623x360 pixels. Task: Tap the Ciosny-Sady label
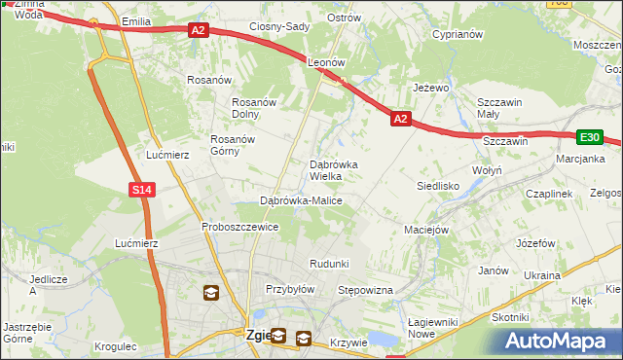pyautogui.click(x=278, y=26)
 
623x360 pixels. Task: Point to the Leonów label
pyautogui.click(x=327, y=61)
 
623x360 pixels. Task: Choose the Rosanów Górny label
pyautogui.click(x=233, y=145)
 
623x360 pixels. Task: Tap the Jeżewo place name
pyautogui.click(x=430, y=88)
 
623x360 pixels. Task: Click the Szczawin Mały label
pyautogui.click(x=500, y=107)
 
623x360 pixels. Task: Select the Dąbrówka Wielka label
pyautogui.click(x=333, y=170)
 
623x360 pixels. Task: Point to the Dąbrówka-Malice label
pyautogui.click(x=301, y=200)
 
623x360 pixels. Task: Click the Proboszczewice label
pyautogui.click(x=240, y=227)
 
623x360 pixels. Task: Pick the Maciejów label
pyautogui.click(x=425, y=230)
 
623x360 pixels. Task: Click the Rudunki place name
pyautogui.click(x=329, y=264)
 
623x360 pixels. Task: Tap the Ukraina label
pyautogui.click(x=542, y=275)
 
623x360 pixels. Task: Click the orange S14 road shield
pyautogui.click(x=142, y=190)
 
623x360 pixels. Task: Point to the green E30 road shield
pyautogui.click(x=590, y=138)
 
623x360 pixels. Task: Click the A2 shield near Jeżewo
pyautogui.click(x=400, y=118)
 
